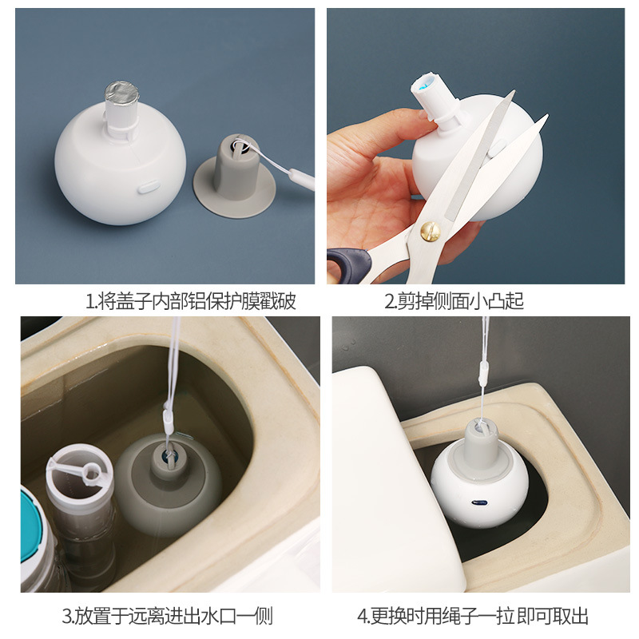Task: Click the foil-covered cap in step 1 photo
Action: tap(121, 94)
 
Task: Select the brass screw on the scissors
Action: tap(431, 232)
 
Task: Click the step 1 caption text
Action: tap(190, 302)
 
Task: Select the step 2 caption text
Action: tap(454, 302)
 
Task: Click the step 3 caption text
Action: tap(168, 616)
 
